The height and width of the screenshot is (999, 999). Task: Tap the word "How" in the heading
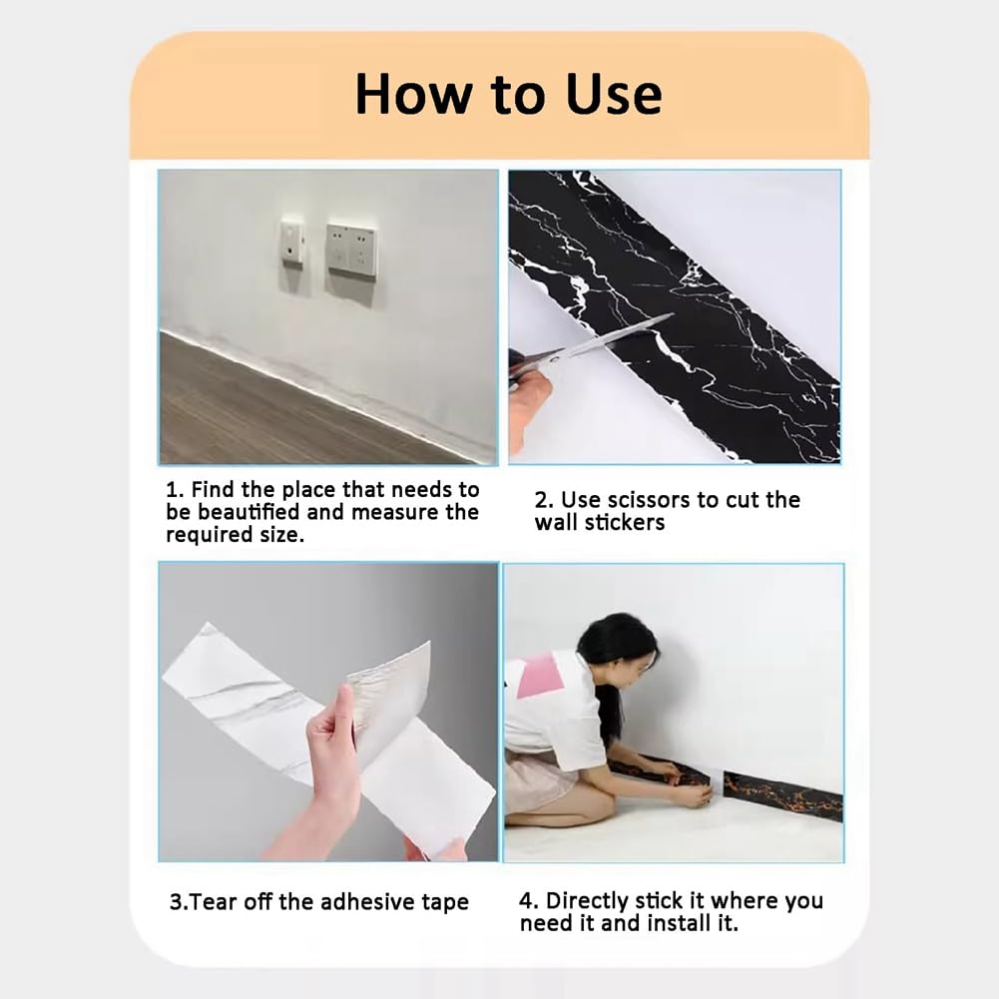click(x=415, y=94)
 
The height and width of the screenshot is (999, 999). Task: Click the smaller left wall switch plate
click(x=292, y=242)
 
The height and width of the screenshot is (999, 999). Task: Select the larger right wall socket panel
click(x=350, y=250)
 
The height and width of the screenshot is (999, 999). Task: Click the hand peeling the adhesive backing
click(x=332, y=758)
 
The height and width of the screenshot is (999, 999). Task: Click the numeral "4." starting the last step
click(x=529, y=900)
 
